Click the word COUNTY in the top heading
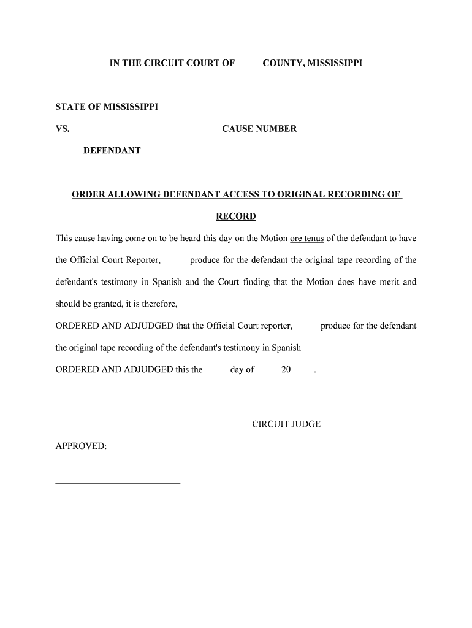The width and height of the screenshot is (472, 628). click(280, 63)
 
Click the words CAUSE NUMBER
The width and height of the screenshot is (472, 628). click(259, 129)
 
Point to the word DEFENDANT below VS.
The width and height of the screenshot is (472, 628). click(112, 150)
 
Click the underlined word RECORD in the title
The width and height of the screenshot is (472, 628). click(236, 216)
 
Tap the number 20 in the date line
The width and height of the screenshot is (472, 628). click(286, 370)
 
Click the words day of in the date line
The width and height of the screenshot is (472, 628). click(242, 370)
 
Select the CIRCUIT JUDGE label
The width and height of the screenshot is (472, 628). click(286, 424)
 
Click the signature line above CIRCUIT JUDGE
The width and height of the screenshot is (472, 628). click(275, 418)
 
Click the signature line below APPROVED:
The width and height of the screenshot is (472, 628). click(118, 483)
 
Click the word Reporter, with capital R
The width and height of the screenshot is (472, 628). click(143, 260)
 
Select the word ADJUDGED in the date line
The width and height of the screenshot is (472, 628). click(148, 370)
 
